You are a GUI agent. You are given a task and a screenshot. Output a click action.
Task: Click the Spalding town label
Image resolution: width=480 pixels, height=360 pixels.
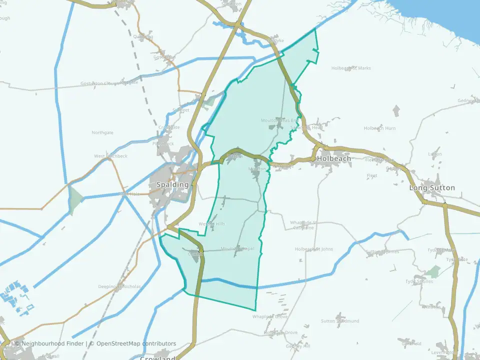(173, 184)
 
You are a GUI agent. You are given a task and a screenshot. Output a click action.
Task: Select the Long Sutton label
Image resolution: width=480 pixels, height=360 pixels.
(432, 188)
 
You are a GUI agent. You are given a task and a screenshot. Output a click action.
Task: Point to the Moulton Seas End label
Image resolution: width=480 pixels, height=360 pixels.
(279, 120)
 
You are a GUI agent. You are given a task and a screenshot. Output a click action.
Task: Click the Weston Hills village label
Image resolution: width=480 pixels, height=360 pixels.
(212, 223)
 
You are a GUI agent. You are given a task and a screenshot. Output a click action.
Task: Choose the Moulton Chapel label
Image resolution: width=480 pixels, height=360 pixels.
(237, 248)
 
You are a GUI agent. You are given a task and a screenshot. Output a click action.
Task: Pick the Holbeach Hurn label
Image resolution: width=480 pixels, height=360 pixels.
(379, 128)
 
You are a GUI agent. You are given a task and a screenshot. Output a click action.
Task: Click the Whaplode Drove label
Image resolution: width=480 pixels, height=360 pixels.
(270, 316)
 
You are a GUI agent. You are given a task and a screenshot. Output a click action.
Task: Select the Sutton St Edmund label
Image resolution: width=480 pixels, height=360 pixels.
(340, 321)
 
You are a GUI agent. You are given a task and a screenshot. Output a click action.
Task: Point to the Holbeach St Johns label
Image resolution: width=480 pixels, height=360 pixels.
(314, 249)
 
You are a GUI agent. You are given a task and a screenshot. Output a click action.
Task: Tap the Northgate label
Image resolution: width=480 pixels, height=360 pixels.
(102, 132)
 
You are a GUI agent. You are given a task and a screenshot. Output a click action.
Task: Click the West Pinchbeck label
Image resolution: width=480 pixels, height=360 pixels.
(110, 156)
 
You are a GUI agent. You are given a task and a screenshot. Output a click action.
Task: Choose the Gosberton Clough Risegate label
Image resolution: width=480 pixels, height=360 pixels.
(109, 83)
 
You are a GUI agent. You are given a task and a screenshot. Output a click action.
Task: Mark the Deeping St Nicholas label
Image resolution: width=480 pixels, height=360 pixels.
(119, 287)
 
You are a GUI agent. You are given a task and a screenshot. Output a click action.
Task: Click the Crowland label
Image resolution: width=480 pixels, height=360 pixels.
(157, 358)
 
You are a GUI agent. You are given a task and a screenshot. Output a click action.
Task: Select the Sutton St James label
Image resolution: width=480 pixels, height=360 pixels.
(382, 251)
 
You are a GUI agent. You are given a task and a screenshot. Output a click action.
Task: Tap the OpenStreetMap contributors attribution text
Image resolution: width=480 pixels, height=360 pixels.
(136, 343)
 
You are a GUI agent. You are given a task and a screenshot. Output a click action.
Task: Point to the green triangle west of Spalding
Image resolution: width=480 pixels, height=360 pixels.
(75, 199)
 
